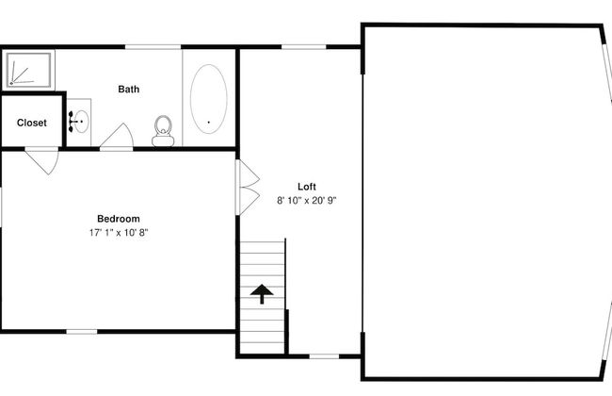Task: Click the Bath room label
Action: point(128,90)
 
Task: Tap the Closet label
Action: point(32,123)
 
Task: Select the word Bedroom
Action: point(119,219)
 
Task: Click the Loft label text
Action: point(307,187)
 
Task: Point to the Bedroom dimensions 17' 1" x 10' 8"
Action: point(119,233)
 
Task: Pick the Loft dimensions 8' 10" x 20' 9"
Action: point(307,201)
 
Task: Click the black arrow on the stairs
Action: point(262,294)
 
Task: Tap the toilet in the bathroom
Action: point(163,131)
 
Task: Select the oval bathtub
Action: point(208,99)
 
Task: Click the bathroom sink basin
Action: point(81,122)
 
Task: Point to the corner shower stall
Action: point(28,70)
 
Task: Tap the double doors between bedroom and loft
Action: point(247,188)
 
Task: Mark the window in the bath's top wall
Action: point(153,47)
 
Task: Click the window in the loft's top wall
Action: point(304,47)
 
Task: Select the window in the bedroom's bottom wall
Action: point(82,332)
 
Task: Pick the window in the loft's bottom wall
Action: point(324,356)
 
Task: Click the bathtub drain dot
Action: point(208,123)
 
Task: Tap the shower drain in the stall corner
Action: point(11,83)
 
